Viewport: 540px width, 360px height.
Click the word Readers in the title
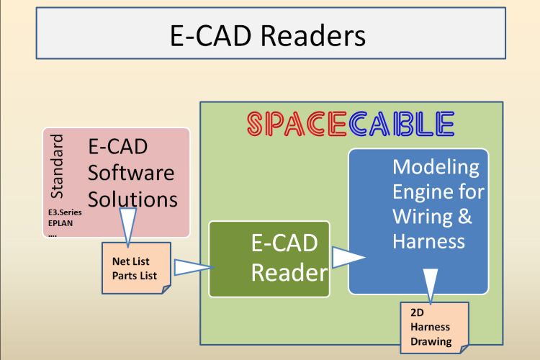[x=313, y=36]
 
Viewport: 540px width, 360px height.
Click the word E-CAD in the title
[x=210, y=36]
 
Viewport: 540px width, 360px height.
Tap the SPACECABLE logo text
[x=351, y=123]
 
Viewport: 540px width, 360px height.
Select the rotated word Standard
[x=57, y=166]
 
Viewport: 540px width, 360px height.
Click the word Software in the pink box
[x=131, y=173]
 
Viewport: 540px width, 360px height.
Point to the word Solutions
[x=132, y=199]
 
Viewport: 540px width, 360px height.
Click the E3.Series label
[x=65, y=212]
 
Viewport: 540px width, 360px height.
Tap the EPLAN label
[x=60, y=223]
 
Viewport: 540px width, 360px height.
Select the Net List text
[x=130, y=261]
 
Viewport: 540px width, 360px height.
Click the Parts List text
[x=135, y=276]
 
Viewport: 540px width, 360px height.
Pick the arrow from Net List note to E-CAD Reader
[x=194, y=267]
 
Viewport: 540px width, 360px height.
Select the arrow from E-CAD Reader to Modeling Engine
[x=348, y=257]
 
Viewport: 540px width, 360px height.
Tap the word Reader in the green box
[x=289, y=272]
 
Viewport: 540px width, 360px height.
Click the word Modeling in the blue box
[x=436, y=167]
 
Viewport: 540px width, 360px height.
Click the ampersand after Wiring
[x=465, y=216]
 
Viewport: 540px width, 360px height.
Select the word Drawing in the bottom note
[x=431, y=342]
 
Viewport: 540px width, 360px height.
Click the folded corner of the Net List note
[x=166, y=289]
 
